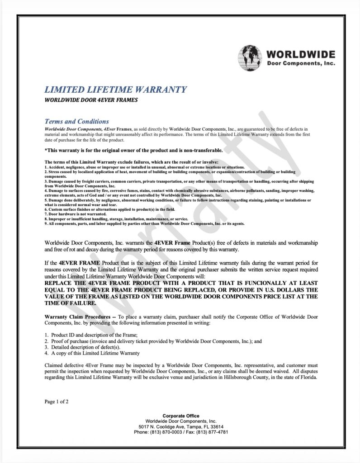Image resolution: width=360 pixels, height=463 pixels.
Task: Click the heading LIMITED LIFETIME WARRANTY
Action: [115, 90]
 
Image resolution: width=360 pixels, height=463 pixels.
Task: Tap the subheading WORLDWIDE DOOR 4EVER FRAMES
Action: [90, 100]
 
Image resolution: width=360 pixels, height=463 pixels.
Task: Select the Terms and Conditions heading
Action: [76, 121]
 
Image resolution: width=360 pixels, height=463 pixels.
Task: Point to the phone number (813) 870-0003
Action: [169, 432]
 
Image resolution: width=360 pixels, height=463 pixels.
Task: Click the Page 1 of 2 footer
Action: [57, 402]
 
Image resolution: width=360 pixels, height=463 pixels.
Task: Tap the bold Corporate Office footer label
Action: [180, 416]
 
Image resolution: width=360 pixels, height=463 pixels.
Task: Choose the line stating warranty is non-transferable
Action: [133, 150]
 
